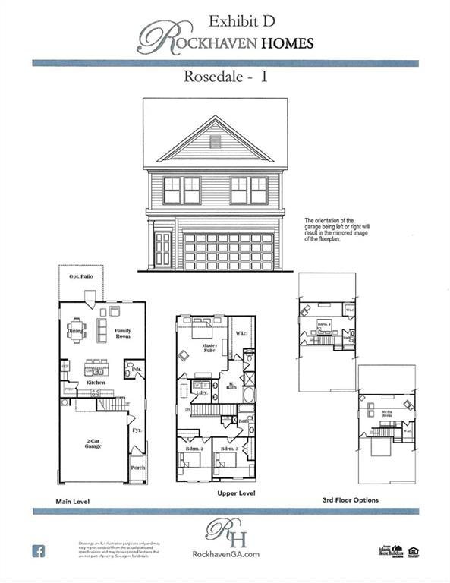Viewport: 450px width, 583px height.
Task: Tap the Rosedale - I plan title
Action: (225, 77)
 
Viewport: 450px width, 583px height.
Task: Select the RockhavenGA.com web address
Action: (225, 554)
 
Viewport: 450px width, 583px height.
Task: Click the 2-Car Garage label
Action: (93, 443)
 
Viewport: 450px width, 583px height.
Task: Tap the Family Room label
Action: (123, 332)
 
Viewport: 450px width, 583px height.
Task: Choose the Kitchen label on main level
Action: (96, 383)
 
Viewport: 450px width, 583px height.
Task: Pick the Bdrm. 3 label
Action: (230, 449)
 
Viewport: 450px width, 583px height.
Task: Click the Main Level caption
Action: (74, 503)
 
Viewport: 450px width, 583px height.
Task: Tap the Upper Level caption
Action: (236, 493)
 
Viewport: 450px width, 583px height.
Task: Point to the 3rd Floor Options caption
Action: (351, 500)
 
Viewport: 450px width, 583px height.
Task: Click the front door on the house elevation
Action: (162, 250)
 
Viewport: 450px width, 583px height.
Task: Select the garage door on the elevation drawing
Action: (228, 251)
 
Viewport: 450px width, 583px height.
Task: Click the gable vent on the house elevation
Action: (215, 141)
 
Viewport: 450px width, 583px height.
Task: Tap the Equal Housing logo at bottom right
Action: (414, 551)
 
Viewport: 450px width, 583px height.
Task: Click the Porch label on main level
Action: (137, 468)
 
